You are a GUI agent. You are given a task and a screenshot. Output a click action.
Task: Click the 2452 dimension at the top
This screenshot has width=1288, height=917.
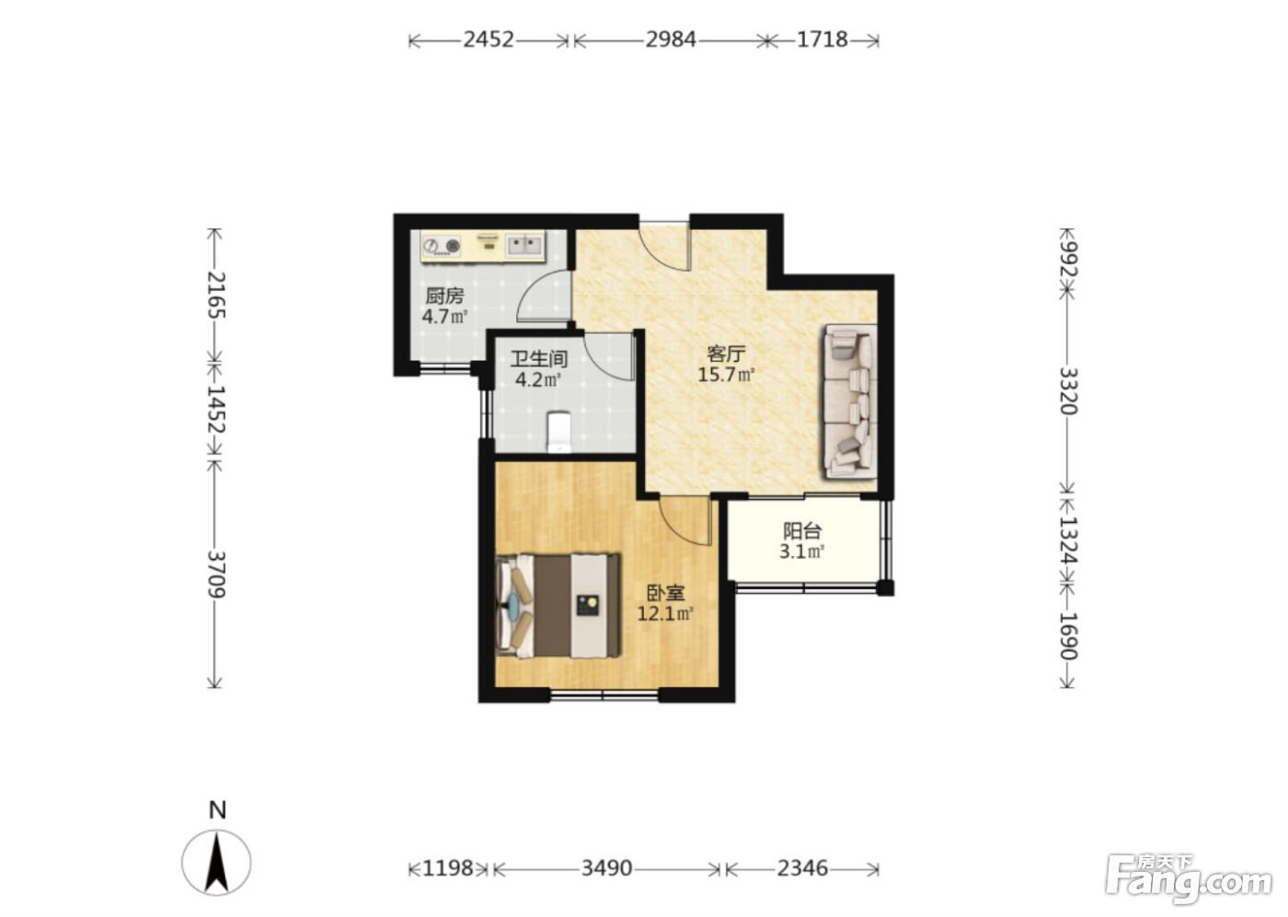(489, 40)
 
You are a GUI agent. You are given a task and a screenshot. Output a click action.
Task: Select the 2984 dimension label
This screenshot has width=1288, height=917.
(671, 40)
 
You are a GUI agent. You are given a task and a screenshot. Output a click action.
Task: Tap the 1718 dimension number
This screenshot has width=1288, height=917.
(822, 40)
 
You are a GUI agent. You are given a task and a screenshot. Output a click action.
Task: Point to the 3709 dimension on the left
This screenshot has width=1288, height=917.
(215, 575)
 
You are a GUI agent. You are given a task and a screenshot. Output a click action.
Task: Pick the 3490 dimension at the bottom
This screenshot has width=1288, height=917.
(606, 868)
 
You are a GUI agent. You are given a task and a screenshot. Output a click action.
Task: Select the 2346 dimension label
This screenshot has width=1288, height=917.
(802, 868)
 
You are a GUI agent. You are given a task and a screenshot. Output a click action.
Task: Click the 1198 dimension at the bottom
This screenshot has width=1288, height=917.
(448, 868)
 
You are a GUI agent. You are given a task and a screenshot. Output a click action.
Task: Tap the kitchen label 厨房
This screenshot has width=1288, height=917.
(444, 296)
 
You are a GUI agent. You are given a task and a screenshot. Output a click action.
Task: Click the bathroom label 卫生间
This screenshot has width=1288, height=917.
(539, 360)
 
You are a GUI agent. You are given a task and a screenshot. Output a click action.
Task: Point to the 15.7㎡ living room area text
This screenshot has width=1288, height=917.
(726, 375)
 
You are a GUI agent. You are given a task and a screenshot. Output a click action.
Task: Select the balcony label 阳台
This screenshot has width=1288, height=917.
(802, 531)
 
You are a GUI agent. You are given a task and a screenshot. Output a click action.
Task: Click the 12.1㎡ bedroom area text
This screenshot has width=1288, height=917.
(664, 613)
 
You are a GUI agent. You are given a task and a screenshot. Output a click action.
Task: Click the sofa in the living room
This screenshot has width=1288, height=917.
(851, 401)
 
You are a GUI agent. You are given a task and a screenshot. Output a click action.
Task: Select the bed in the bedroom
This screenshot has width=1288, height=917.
(558, 606)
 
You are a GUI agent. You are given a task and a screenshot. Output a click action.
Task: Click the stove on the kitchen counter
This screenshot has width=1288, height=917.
(442, 246)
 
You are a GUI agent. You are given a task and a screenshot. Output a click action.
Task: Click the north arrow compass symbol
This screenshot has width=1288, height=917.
(217, 861)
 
